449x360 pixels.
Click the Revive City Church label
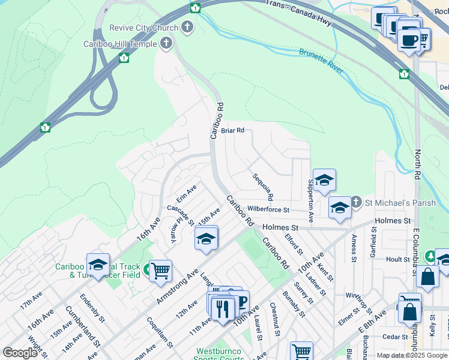point(143,28)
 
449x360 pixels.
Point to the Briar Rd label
point(232,130)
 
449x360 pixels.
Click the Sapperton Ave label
point(311,199)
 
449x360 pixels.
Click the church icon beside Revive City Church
point(188,27)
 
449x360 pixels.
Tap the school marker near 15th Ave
point(206,239)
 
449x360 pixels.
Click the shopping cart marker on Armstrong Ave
point(160,271)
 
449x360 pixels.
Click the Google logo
point(20,353)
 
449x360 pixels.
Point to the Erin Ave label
point(186,193)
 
